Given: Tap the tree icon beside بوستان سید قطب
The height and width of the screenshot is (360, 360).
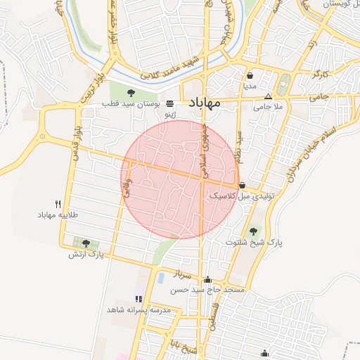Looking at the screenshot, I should (x=130, y=91).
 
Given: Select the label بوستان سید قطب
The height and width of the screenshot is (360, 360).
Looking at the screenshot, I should (x=131, y=104).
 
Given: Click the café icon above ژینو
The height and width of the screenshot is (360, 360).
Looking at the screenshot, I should (x=169, y=103).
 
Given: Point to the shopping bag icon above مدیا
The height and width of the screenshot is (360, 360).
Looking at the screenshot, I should (x=250, y=75).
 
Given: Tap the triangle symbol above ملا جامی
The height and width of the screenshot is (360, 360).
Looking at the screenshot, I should (x=268, y=97).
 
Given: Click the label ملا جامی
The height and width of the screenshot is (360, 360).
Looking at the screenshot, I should (x=268, y=108).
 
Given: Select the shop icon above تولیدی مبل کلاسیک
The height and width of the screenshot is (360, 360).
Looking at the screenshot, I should (x=243, y=186).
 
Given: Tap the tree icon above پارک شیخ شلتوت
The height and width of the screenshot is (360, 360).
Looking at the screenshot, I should (x=253, y=230).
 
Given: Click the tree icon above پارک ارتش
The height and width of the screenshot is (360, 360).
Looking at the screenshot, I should (x=86, y=243).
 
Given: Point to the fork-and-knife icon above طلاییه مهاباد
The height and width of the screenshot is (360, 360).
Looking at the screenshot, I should (x=58, y=204).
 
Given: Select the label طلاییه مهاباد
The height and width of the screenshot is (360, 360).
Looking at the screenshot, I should (x=58, y=215).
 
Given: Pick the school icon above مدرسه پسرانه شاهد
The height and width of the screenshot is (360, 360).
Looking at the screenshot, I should (x=139, y=299).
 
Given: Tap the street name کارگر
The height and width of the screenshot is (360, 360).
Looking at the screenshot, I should (x=321, y=73).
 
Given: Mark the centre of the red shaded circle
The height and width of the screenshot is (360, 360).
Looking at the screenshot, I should (x=179, y=179).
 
